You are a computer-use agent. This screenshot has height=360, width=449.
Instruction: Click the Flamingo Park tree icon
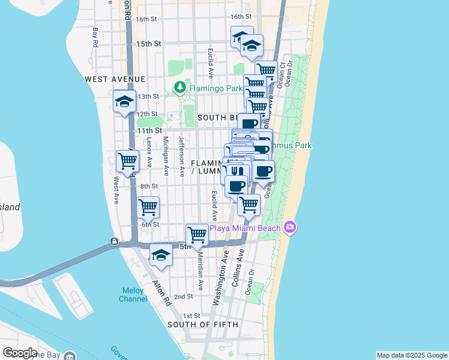(x=179, y=88)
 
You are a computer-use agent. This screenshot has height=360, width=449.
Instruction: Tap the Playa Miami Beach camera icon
(x=291, y=227)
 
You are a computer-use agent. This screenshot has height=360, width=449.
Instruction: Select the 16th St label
(x=146, y=19)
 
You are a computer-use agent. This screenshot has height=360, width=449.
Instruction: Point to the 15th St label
(x=149, y=44)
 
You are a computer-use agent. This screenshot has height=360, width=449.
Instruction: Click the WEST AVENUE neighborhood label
(x=115, y=79)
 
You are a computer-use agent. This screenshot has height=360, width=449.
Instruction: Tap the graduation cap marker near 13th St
(x=124, y=101)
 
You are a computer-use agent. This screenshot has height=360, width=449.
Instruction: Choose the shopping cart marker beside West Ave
(x=127, y=161)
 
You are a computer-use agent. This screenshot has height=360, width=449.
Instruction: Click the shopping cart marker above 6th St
(x=148, y=207)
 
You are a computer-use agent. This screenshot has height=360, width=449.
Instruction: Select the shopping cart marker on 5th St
(x=197, y=233)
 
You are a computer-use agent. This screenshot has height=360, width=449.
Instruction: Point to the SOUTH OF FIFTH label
(x=203, y=325)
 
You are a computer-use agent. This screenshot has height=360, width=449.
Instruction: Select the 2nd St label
(x=183, y=296)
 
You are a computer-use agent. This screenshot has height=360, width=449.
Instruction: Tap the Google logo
(x=19, y=353)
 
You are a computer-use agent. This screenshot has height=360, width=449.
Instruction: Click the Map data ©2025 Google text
(x=411, y=355)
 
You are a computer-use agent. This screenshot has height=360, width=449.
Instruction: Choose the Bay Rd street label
(x=95, y=37)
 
